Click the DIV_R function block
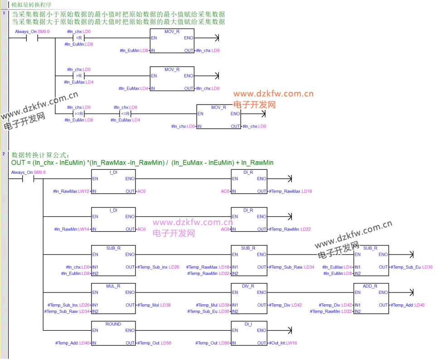point(249,296)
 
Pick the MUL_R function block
point(113,296)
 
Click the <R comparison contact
point(78,38)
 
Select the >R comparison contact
point(78,76)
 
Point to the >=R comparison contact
point(78,114)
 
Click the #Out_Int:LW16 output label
point(283,343)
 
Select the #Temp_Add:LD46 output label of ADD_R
point(407,305)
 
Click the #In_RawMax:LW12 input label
point(72,192)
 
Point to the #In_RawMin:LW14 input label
point(72,230)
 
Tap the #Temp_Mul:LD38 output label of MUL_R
point(154,305)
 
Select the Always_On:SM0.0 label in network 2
point(28,173)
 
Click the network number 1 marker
point(4,13)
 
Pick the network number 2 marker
point(4,154)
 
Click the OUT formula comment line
point(142,163)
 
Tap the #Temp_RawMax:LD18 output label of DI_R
point(290,192)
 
